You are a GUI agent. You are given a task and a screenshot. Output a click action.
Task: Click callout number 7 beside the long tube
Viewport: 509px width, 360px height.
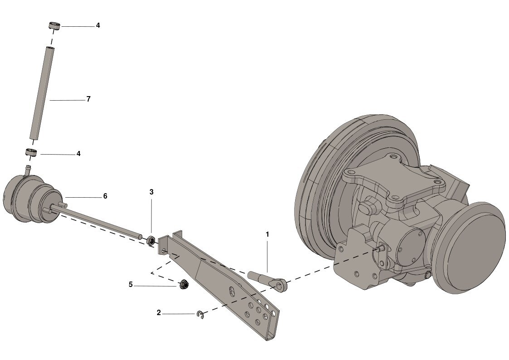coord(88,99)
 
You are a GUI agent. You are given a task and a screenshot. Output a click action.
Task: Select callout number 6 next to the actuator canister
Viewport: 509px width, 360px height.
coord(105,196)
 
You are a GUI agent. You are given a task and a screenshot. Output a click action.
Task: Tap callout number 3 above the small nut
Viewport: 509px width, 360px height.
coord(151,192)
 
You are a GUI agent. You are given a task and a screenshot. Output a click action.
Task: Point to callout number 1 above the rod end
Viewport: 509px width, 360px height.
coord(267,234)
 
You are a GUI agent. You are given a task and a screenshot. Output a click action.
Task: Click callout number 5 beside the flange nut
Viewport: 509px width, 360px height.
coord(131,285)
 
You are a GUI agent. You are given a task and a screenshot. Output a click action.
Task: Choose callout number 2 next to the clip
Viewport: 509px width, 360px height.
coord(159,313)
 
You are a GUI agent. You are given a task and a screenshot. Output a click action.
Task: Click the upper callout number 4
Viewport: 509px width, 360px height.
coord(98,25)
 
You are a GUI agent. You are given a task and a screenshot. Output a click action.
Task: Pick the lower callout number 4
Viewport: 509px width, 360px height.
coord(78,154)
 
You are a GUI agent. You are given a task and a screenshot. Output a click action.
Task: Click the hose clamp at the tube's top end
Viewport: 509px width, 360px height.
coord(55,26)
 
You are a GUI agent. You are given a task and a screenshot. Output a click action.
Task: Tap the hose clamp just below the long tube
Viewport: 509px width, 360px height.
coord(31,152)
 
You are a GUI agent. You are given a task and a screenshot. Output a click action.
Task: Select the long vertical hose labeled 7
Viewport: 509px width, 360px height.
coord(41,93)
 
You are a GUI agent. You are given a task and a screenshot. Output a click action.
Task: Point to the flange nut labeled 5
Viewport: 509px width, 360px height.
coord(184,284)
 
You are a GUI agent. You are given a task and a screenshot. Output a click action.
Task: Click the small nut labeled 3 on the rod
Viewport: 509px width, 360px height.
coord(150,241)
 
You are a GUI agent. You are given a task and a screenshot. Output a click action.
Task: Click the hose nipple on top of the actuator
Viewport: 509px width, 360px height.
coord(28,170)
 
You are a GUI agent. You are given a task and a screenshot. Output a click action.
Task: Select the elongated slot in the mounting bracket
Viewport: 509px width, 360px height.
coord(232,292)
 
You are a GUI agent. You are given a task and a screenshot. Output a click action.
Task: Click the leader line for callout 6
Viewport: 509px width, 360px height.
coord(82,197)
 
